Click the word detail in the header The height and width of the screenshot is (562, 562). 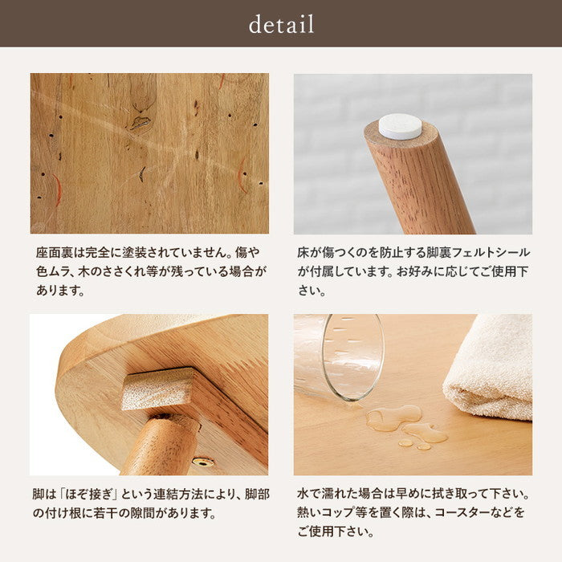pyautogui.click(x=281, y=24)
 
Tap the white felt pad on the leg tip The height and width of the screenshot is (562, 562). pyautogui.click(x=400, y=124)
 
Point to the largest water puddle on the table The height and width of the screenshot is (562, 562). pyautogui.click(x=393, y=417)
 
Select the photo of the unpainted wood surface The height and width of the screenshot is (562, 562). pyautogui.click(x=149, y=153)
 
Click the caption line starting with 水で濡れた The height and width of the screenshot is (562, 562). pyautogui.click(x=412, y=492)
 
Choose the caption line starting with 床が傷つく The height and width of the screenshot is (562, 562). pyautogui.click(x=412, y=252)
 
